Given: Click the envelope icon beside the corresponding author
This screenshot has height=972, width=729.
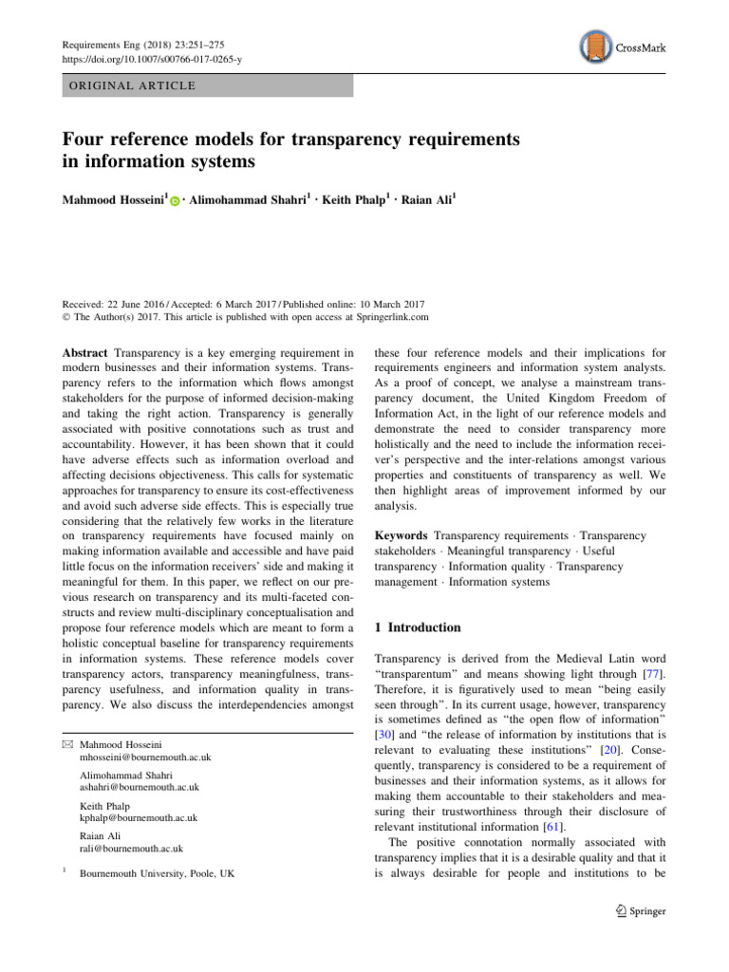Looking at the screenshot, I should [69, 744].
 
